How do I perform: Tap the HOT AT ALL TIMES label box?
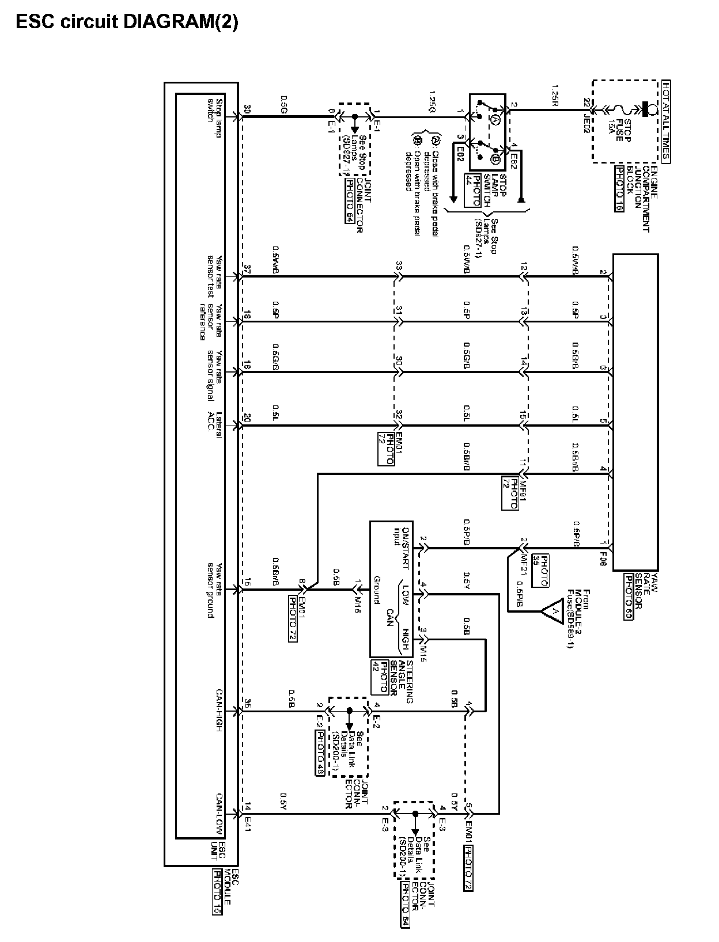pyautogui.click(x=666, y=121)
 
